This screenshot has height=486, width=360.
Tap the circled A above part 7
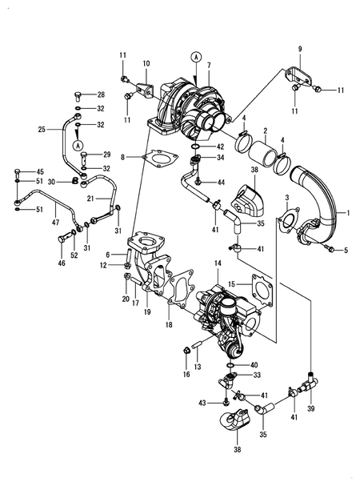pos(195,56)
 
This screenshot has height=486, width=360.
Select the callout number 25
pos(42,128)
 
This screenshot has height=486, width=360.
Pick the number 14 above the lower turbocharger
pos(217,263)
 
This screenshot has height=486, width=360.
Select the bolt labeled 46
pos(62,238)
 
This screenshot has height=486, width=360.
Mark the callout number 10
pos(146,63)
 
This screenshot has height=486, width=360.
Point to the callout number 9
pos(301,50)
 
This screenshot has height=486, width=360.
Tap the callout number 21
pos(91,197)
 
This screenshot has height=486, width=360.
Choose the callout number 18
pos(169,325)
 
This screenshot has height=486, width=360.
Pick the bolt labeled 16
pos(186,349)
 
